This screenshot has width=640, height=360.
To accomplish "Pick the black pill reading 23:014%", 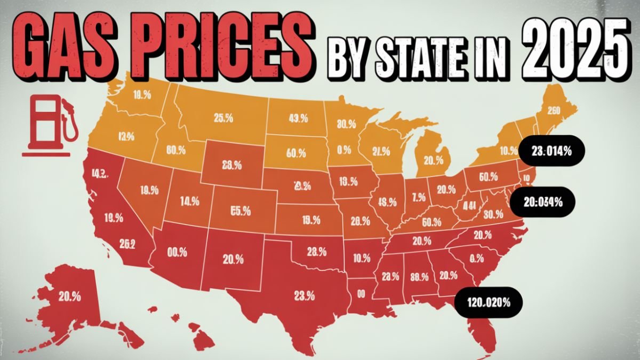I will click(551, 151).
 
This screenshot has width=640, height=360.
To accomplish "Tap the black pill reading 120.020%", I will click(488, 302).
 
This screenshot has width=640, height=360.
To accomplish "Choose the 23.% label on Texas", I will click(304, 294).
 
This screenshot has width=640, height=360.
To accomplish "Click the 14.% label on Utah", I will click(189, 202).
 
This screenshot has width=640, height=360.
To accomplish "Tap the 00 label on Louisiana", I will click(361, 293).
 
